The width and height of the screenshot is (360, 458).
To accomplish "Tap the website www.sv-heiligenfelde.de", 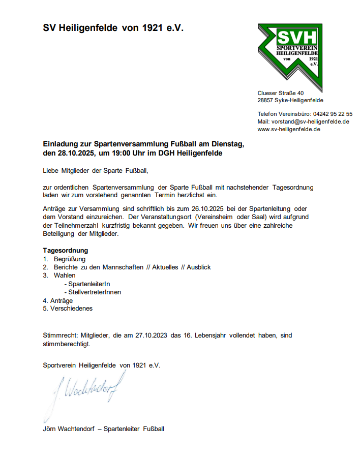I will pyautogui.click(x=289, y=129).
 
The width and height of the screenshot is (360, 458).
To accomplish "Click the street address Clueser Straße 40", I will pyautogui.click(x=281, y=93).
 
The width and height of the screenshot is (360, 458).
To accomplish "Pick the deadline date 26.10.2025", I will pyautogui.click(x=208, y=208).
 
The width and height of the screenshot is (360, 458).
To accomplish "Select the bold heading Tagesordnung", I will pyautogui.click(x=66, y=251).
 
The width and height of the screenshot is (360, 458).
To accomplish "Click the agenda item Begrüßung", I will pyautogui.click(x=70, y=259).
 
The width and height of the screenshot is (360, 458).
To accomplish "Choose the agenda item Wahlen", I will pyautogui.click(x=65, y=275).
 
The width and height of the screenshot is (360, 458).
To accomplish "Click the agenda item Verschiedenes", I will pyautogui.click(x=71, y=308).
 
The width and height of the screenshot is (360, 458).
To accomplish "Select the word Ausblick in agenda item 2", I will pyautogui.click(x=199, y=267).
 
